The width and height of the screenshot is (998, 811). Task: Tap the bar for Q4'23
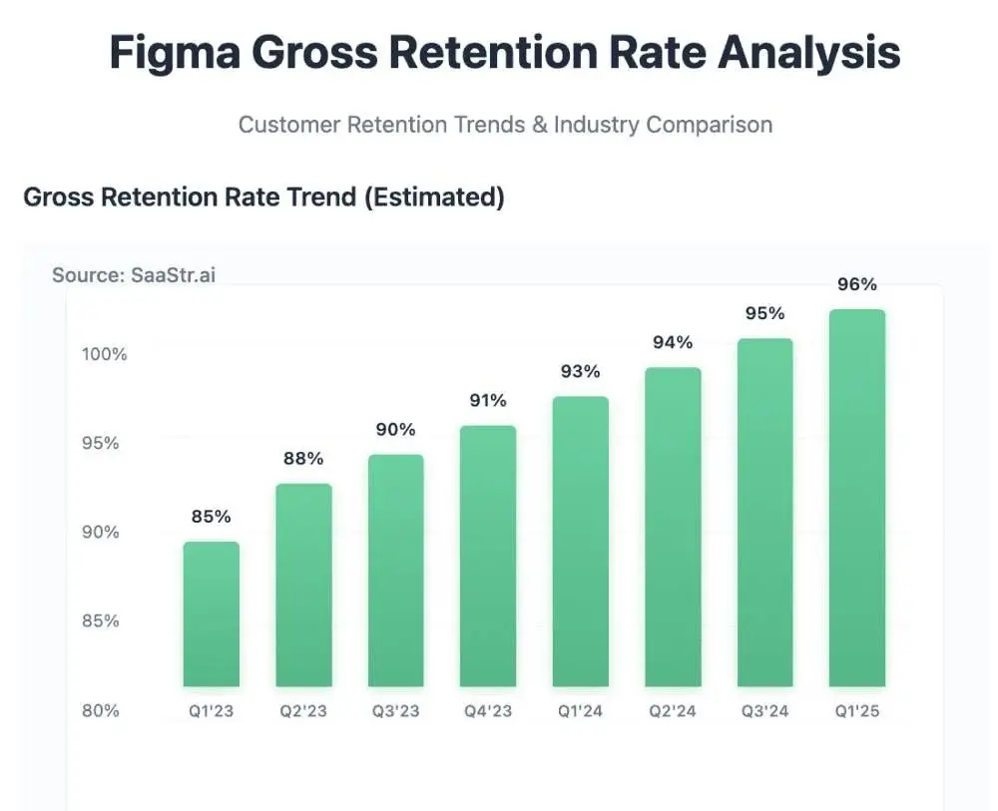[488, 556]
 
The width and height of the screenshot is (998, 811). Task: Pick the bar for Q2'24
[673, 527]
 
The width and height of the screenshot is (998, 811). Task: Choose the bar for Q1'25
[857, 498]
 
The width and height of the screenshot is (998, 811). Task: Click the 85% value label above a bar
[212, 517]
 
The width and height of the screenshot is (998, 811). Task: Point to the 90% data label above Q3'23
[396, 430]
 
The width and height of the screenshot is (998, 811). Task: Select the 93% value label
[581, 372]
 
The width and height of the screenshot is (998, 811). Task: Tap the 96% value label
[857, 284]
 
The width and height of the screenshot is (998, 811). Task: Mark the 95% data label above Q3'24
[765, 313]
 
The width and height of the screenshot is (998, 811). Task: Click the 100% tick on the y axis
[104, 354]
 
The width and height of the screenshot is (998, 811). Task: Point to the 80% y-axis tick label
[100, 711]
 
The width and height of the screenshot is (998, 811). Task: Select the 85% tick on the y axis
[100, 621]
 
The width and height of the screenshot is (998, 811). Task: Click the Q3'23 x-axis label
[396, 711]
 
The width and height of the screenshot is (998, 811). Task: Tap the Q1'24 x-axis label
[581, 711]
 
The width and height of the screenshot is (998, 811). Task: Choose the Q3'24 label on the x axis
[765, 711]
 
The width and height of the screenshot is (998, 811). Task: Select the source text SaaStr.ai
[173, 275]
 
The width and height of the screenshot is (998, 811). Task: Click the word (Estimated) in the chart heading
[434, 197]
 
